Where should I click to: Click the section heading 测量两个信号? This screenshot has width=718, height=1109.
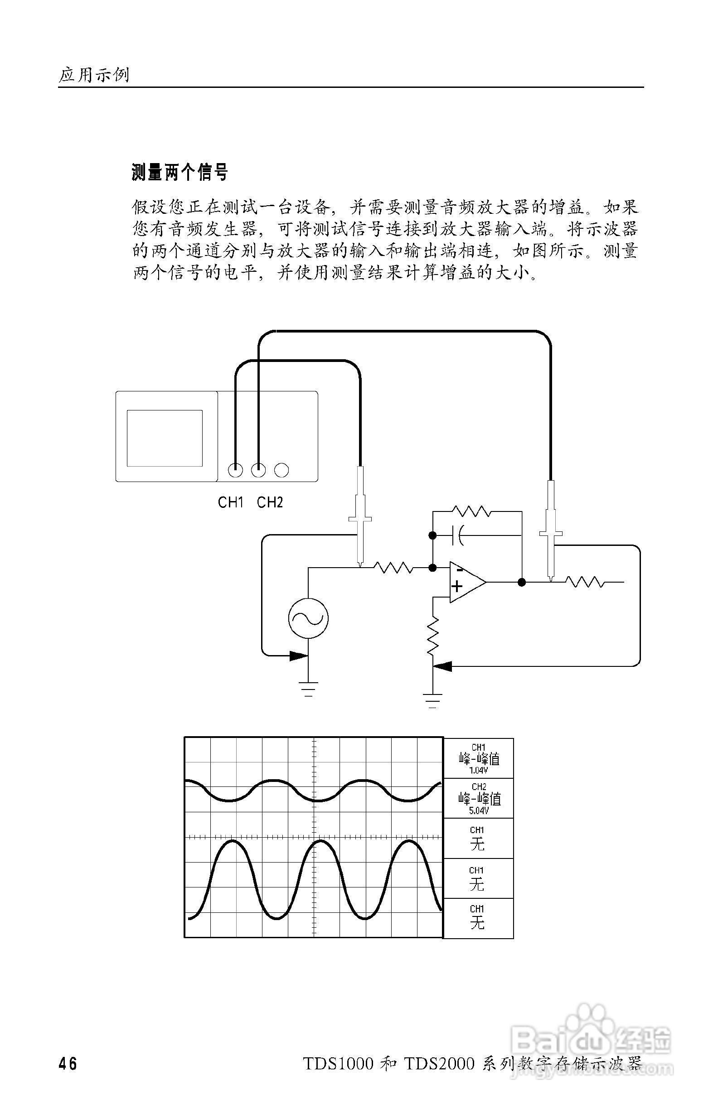point(179,172)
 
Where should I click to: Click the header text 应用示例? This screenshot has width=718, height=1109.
point(94,75)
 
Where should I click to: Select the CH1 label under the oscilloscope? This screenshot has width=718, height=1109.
point(231,502)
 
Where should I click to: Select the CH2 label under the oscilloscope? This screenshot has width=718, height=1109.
point(270,502)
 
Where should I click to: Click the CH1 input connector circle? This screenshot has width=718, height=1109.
point(235,470)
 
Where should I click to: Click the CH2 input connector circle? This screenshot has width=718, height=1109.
point(258,470)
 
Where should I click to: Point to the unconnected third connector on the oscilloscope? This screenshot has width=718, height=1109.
point(281,470)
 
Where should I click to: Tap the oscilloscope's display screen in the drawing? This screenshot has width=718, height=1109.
point(165,438)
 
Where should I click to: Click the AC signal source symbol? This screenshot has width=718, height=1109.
point(308,618)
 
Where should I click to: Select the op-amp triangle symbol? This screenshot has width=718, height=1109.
point(466,582)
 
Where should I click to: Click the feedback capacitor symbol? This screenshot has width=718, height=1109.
point(459,535)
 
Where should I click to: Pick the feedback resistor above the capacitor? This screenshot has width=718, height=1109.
point(471,511)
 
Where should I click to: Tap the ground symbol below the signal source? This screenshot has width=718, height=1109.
point(308,689)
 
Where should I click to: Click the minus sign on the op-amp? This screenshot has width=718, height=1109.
point(459,570)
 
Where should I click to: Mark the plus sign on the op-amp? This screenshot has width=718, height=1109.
point(457,586)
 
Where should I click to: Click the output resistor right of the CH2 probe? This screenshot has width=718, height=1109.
point(585,582)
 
